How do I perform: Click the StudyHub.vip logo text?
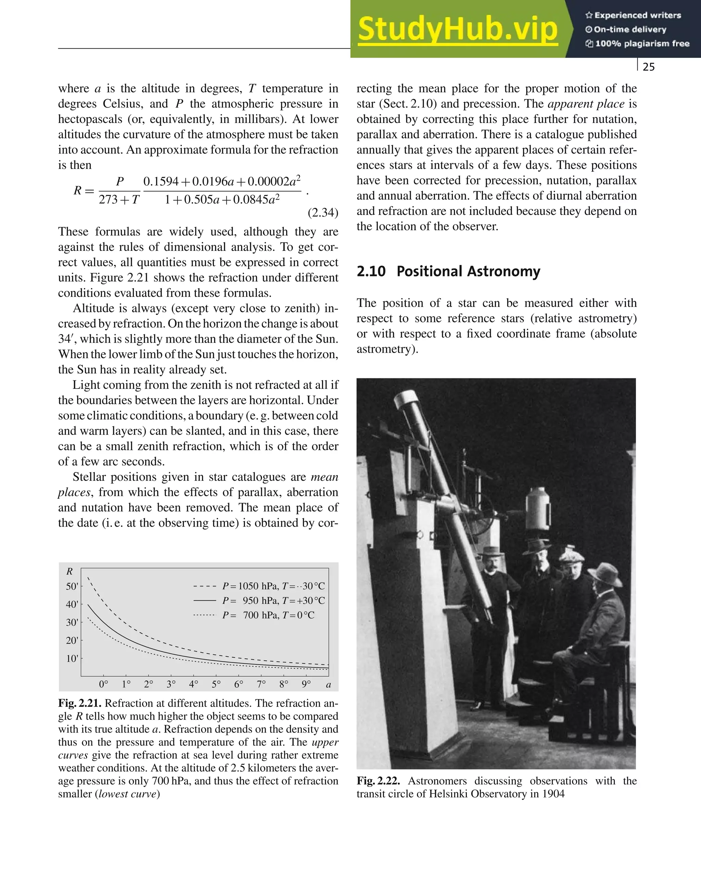coord(458,29)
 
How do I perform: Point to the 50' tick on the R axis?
coord(72,587)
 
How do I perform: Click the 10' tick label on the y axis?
coord(72,658)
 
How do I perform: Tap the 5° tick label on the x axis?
coord(216,684)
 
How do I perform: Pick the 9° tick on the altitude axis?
coord(306,684)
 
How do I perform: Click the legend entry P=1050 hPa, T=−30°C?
coord(273,586)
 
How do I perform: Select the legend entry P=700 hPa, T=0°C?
coord(268,615)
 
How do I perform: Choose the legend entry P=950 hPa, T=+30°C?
coord(273,601)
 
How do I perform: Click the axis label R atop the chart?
coord(70,572)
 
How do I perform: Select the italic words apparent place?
coord(586,104)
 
